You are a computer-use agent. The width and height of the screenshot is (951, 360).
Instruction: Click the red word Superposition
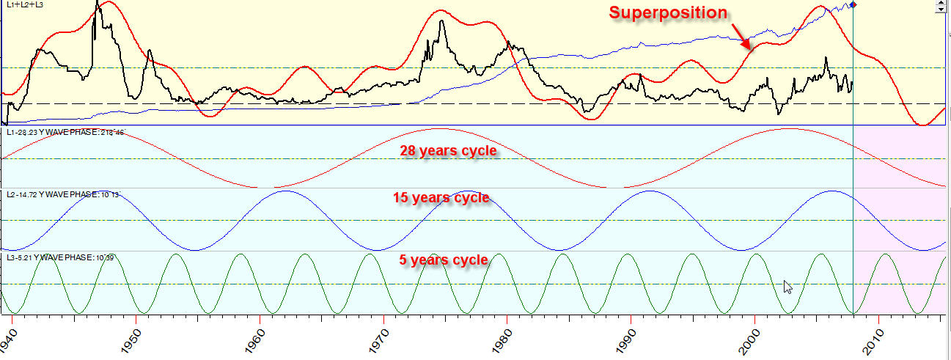[668, 13]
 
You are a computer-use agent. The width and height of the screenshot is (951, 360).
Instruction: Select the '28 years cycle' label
[447, 151]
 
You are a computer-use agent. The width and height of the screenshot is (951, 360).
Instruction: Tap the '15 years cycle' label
[441, 198]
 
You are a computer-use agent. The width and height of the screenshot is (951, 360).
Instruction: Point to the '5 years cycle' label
[444, 260]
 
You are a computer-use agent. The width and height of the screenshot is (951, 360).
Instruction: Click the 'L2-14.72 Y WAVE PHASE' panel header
[62, 194]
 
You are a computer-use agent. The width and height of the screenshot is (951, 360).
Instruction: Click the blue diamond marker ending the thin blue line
[853, 5]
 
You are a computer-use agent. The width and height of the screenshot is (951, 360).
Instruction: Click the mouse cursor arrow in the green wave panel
[787, 287]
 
